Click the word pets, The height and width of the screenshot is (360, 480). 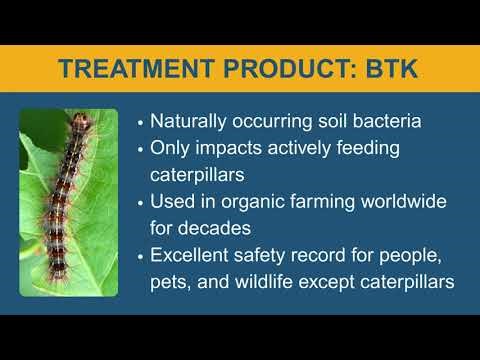pos(172,282)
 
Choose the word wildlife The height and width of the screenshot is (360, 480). pos(275,282)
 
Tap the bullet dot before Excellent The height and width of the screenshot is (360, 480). pos(141,256)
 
